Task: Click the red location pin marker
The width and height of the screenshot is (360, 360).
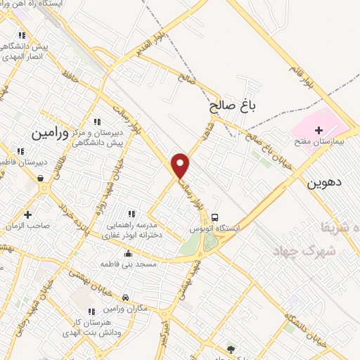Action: pyautogui.click(x=181, y=165)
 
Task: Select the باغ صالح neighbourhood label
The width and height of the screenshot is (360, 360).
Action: pyautogui.click(x=233, y=107)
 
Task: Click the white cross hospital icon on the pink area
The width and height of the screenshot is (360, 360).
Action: pyautogui.click(x=319, y=130)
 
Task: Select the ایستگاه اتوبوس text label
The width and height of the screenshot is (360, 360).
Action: pyautogui.click(x=215, y=229)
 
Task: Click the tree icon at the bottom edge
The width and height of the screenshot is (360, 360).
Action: pyautogui.click(x=230, y=348)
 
